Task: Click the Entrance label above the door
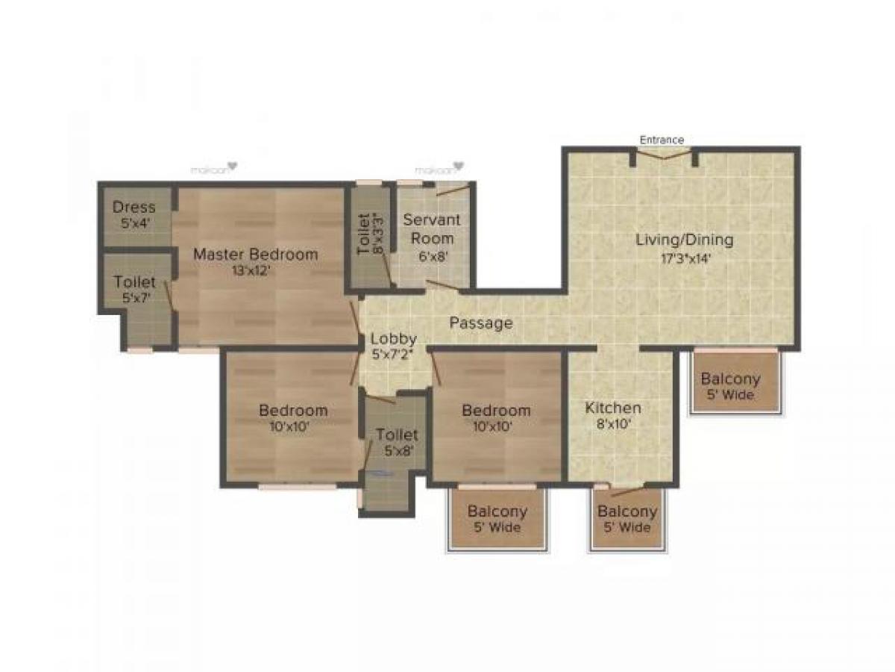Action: pyautogui.click(x=662, y=140)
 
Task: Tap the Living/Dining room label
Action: pyautogui.click(x=684, y=240)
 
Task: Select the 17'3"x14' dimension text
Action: pyautogui.click(x=684, y=258)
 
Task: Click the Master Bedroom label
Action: pyautogui.click(x=255, y=254)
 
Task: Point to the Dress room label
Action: pyautogui.click(x=134, y=207)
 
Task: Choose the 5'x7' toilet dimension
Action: pyautogui.click(x=135, y=297)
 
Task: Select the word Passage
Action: pyautogui.click(x=481, y=323)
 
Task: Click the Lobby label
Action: pyautogui.click(x=394, y=339)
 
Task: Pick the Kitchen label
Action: pyautogui.click(x=612, y=408)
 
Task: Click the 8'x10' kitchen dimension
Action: pyautogui.click(x=612, y=424)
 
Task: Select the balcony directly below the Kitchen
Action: pyautogui.click(x=627, y=519)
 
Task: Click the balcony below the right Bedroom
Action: pyautogui.click(x=497, y=519)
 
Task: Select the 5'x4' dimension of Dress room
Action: pyautogui.click(x=134, y=223)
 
